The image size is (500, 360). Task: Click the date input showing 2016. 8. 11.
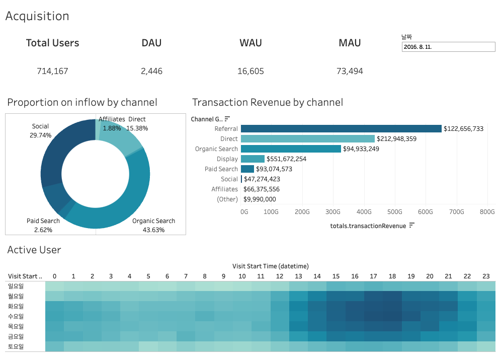448,47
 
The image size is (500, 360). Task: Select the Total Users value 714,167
52,71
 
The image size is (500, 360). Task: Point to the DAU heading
151,43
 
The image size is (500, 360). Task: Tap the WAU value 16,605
251,71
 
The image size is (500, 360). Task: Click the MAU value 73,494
350,71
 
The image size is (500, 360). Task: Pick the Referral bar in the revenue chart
341,129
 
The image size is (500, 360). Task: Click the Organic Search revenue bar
291,149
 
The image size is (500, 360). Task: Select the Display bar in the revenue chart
253,159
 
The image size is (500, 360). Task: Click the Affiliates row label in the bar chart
224,189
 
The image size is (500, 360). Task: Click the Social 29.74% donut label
40,131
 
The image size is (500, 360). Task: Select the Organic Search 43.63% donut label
153,225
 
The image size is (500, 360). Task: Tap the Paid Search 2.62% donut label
43,225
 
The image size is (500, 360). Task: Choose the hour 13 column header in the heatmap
298,276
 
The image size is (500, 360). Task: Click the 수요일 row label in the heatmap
16,316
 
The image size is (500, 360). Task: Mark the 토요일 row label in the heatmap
16,346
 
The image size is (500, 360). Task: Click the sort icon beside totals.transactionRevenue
412,226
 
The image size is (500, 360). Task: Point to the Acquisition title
37,16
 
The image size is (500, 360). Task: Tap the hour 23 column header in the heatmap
485,276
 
